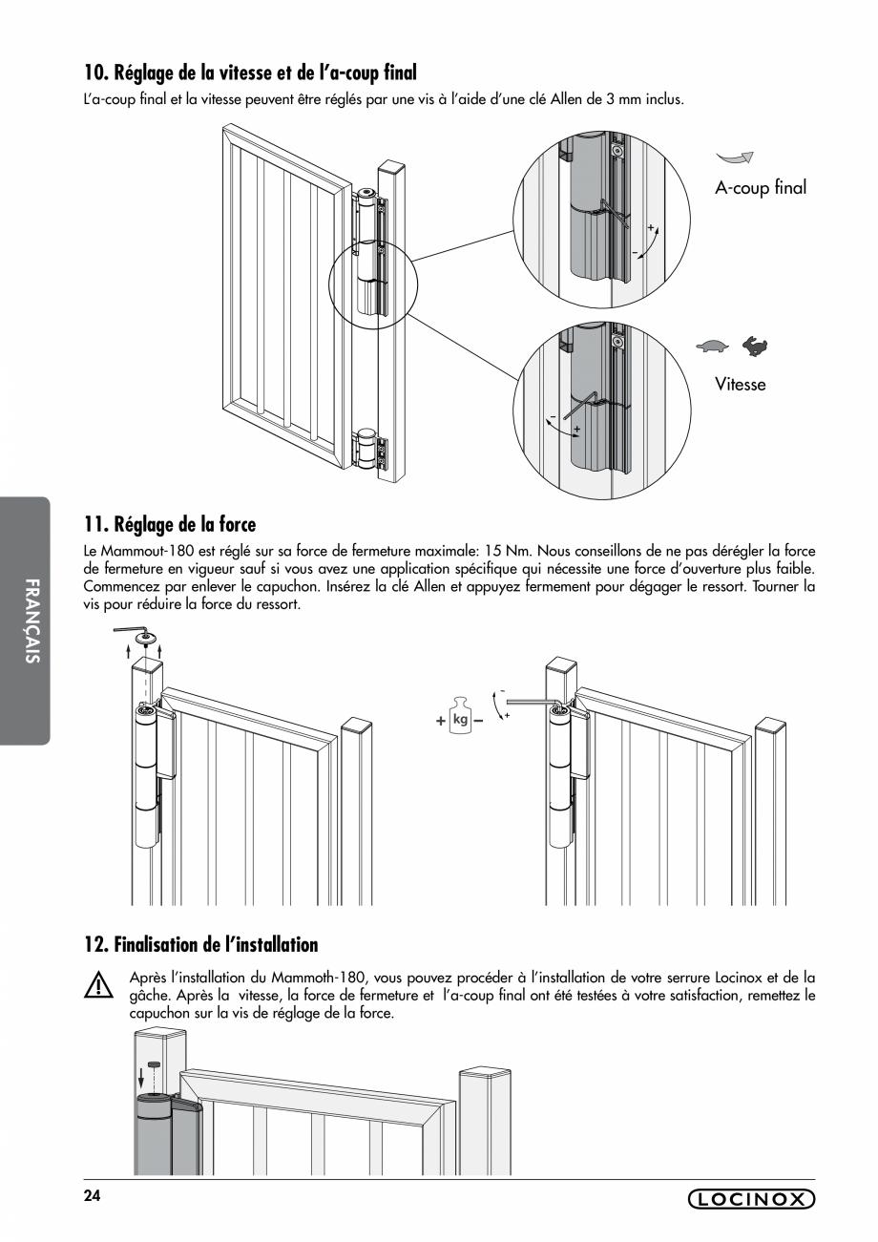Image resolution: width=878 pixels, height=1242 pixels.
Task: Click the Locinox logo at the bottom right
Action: click(751, 1199)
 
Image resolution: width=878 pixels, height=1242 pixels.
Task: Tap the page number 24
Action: click(92, 1196)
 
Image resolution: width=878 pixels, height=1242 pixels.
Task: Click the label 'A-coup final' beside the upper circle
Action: click(760, 188)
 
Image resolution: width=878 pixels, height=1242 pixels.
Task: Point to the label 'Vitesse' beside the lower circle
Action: click(740, 385)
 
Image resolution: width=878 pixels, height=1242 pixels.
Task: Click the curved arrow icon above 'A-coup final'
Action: click(735, 157)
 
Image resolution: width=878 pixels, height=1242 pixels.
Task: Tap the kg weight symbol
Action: click(461, 719)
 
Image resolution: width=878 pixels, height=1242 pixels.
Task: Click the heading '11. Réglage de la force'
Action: click(170, 524)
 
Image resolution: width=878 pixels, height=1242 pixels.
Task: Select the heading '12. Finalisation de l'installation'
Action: click(200, 944)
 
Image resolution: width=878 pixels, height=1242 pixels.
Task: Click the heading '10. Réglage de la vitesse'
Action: click(250, 73)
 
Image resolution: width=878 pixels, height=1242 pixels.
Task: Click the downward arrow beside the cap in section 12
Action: click(142, 1077)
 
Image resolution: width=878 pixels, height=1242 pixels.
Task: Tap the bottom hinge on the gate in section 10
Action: click(367, 451)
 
